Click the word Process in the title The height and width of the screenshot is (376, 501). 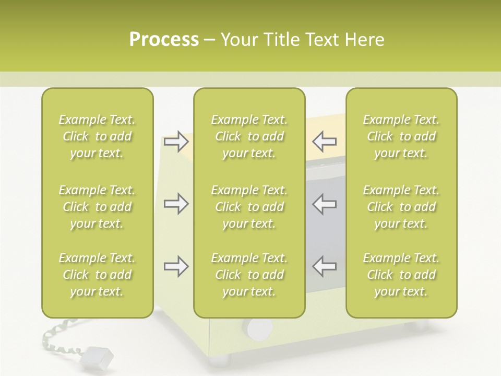[164, 40]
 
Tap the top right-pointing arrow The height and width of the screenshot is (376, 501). [176, 142]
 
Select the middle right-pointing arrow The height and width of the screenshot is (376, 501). [176, 204]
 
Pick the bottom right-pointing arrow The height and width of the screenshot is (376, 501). [176, 266]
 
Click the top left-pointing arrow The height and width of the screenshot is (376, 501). [324, 142]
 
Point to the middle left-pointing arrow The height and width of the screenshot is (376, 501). [324, 204]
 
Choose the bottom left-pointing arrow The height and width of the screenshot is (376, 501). [324, 266]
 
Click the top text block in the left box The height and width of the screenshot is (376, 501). [97, 136]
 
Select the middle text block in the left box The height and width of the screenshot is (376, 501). [97, 207]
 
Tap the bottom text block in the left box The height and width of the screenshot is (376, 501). [97, 275]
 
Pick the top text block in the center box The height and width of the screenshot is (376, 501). [249, 136]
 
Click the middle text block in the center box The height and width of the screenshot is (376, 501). [249, 207]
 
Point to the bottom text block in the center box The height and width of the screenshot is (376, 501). [249, 275]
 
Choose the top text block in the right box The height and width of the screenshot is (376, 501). [401, 136]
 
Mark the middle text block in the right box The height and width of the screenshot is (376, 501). [401, 207]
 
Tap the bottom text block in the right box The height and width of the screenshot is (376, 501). [401, 275]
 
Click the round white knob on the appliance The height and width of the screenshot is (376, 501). [260, 328]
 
